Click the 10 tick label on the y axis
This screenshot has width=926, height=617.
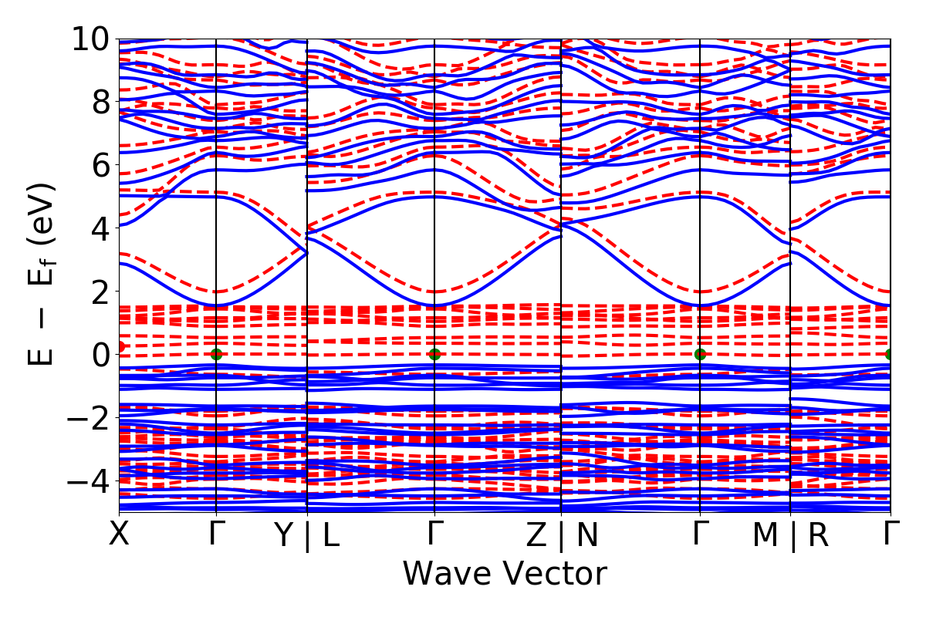91,39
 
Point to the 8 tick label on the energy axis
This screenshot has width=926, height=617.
100,102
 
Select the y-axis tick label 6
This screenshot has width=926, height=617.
100,165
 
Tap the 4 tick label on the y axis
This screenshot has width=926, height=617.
100,228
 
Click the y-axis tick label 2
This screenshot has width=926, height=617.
100,292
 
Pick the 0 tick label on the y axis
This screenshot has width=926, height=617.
100,355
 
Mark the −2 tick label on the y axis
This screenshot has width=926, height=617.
89,418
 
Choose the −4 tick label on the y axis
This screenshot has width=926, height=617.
89,481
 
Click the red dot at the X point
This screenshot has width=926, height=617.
120,347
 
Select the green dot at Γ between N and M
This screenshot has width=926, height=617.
700,355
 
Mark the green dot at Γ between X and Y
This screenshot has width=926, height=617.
216,355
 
